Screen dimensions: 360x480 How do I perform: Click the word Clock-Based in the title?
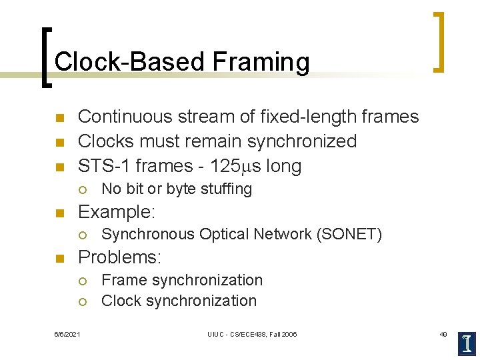(129, 62)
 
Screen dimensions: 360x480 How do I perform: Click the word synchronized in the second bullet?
(302, 141)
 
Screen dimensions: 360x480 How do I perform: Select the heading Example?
(117, 212)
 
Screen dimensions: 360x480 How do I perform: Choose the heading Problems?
(120, 257)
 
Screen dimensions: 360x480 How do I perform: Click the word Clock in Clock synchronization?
(121, 301)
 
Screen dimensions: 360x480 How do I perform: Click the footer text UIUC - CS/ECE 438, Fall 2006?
(252, 334)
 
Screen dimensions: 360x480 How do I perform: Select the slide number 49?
(443, 334)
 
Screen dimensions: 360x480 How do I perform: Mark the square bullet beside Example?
(59, 213)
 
